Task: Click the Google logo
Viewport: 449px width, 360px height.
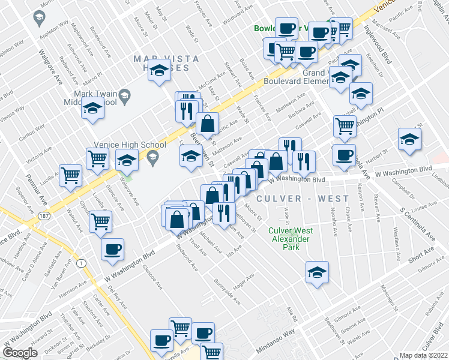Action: point(20,353)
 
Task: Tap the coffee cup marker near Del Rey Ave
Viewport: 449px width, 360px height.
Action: point(112,249)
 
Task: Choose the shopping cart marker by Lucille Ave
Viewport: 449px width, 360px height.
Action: point(71,176)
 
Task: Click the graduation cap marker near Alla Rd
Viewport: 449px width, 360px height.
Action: point(317,271)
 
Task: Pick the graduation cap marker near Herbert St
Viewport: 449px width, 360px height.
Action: point(409,139)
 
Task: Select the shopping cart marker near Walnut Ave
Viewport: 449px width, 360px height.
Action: point(100,221)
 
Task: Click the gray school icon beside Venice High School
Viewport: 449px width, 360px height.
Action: point(152,158)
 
